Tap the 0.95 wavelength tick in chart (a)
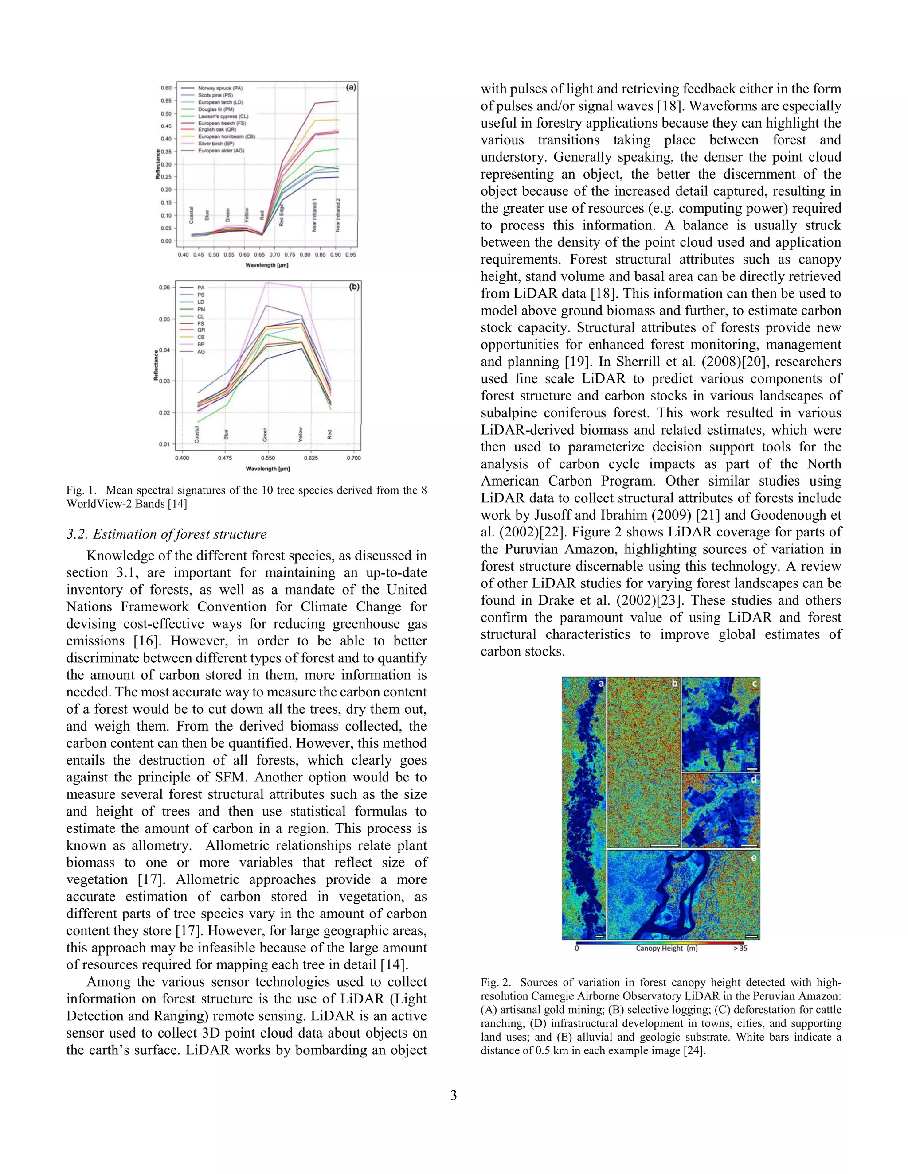pos(351,255)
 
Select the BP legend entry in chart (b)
pos(201,345)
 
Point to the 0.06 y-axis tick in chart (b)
pos(164,288)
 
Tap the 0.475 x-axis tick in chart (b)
pos(225,458)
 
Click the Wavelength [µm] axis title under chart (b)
pos(267,469)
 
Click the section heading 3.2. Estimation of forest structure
pos(166,534)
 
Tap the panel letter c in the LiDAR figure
pos(754,684)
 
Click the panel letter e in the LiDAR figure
pos(754,858)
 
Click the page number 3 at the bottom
pos(454,1095)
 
